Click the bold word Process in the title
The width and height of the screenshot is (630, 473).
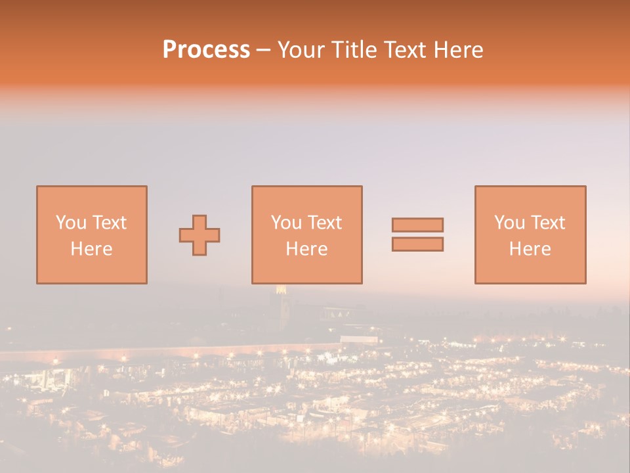206,50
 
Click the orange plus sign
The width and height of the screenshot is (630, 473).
199,235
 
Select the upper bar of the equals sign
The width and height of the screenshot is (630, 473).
417,225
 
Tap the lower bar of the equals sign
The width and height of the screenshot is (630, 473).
417,244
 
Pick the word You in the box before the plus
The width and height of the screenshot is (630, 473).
70,223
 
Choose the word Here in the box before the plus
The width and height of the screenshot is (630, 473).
91,249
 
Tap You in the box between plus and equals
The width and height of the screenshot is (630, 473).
286,223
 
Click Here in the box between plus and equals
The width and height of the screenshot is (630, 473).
306,249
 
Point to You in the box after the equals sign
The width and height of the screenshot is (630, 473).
509,223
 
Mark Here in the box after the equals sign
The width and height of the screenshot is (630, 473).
530,249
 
